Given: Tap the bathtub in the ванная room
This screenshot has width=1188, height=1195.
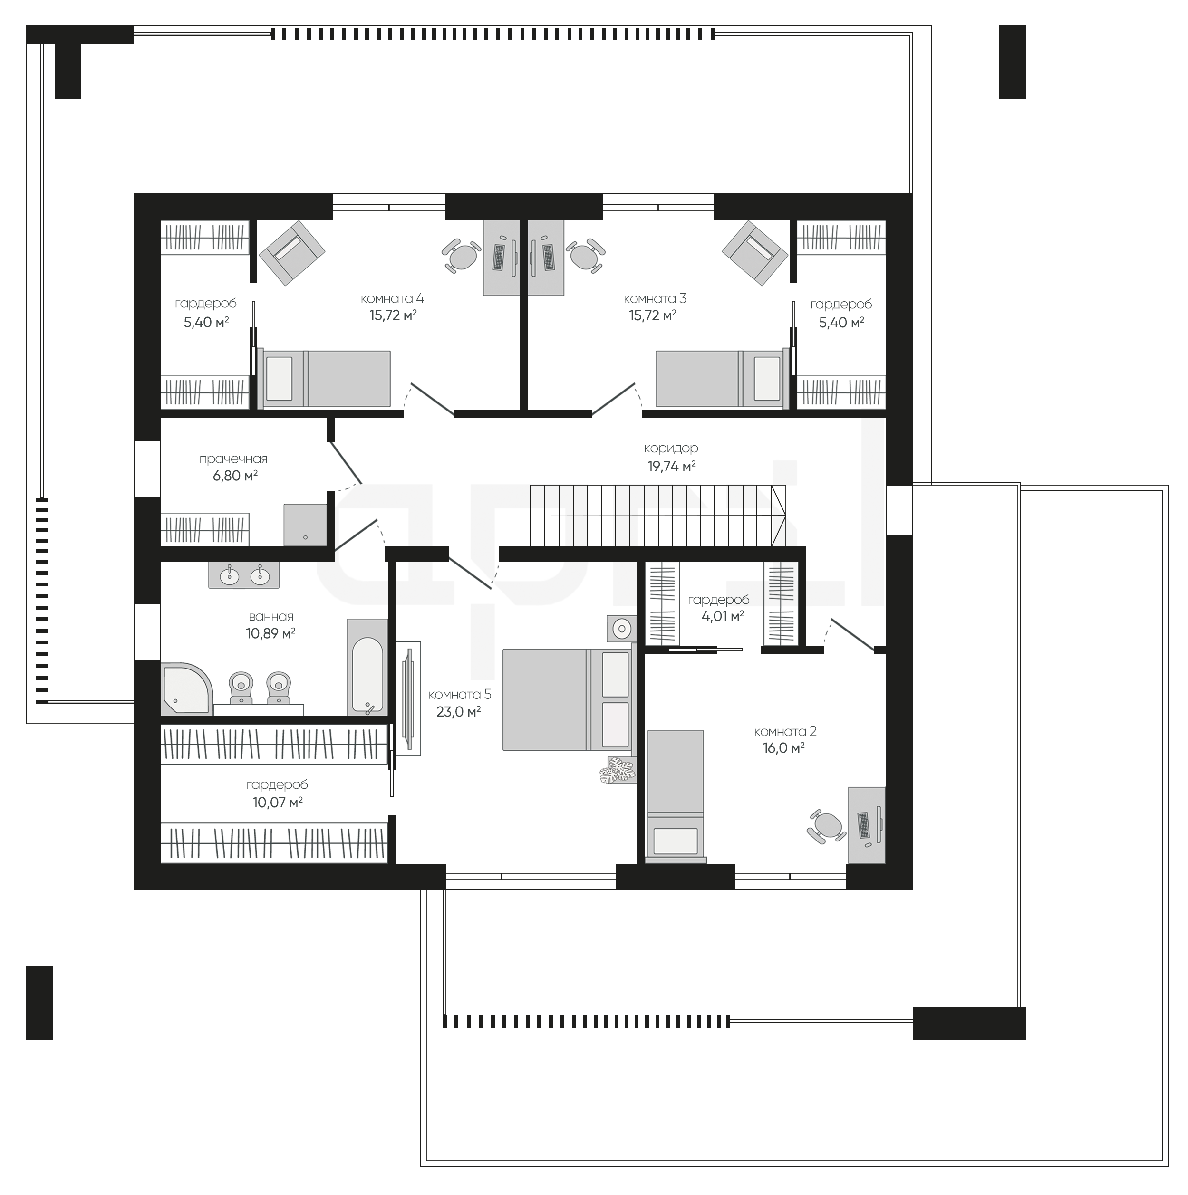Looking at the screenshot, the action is pyautogui.click(x=367, y=667).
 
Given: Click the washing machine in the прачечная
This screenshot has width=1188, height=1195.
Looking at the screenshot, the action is pyautogui.click(x=305, y=525).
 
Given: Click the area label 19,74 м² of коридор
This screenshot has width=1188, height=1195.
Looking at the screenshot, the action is pyautogui.click(x=671, y=467).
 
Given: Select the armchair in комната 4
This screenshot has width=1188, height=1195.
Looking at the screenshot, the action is pyautogui.click(x=292, y=252).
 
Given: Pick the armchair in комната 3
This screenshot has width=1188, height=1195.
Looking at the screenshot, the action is pyautogui.click(x=755, y=252).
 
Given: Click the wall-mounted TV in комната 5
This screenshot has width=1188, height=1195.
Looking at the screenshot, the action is pyautogui.click(x=408, y=698).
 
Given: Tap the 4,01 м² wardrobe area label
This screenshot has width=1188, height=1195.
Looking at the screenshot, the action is pyautogui.click(x=723, y=616).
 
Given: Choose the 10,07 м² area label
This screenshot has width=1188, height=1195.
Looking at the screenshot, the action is pyautogui.click(x=277, y=802).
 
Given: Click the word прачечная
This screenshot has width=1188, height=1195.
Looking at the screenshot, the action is pyautogui.click(x=233, y=459).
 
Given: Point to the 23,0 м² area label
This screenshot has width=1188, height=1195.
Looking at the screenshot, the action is pyautogui.click(x=458, y=711).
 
